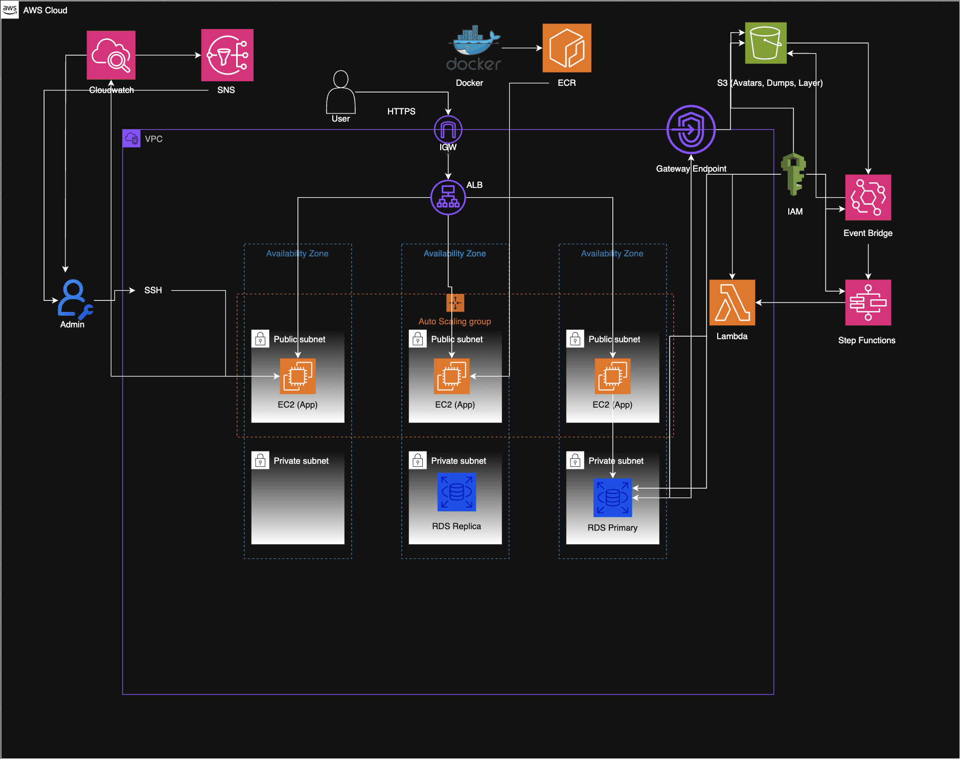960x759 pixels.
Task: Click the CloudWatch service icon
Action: (x=111, y=55)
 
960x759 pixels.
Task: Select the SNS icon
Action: (x=227, y=55)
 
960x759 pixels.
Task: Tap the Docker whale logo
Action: (x=474, y=48)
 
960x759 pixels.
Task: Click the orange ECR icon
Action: (x=566, y=48)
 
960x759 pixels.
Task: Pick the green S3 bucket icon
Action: (x=765, y=43)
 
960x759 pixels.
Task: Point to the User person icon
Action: (x=340, y=92)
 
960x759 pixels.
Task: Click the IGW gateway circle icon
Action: (x=448, y=130)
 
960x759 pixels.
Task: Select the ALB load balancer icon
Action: (x=448, y=197)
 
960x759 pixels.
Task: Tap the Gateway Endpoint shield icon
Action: (x=691, y=130)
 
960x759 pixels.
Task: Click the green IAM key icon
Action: (x=793, y=174)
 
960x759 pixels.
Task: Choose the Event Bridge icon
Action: (x=867, y=198)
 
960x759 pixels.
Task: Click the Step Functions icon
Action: (x=867, y=302)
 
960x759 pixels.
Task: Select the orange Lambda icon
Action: (x=732, y=302)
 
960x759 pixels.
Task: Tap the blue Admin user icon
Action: (x=75, y=299)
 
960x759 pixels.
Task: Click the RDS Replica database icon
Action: (x=456, y=492)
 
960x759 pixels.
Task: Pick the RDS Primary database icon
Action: (x=612, y=497)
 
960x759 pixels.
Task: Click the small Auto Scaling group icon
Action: (x=455, y=303)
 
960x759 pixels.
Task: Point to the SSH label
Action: (x=153, y=290)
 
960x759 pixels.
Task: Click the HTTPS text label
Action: (x=401, y=111)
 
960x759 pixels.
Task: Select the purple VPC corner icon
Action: (x=131, y=138)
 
